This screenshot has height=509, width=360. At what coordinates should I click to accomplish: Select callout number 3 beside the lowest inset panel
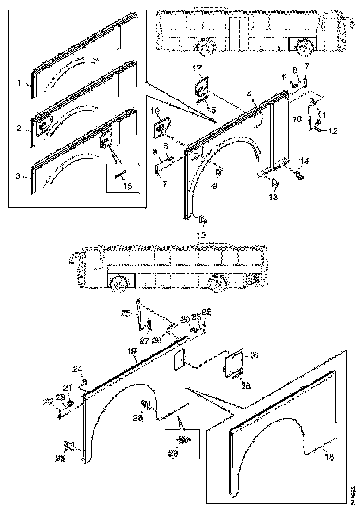pos(18,175)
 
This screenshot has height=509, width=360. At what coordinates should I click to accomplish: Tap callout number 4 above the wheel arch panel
pos(249,95)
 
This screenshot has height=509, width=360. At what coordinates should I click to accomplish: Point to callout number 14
pos(304,161)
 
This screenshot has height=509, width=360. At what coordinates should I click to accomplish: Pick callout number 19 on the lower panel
pos(133,352)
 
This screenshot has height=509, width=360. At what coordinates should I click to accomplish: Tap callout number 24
pos(77,369)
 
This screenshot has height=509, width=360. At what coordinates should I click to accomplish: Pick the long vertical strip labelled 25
pos(139,315)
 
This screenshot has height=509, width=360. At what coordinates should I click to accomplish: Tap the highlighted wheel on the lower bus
pos(119,283)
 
